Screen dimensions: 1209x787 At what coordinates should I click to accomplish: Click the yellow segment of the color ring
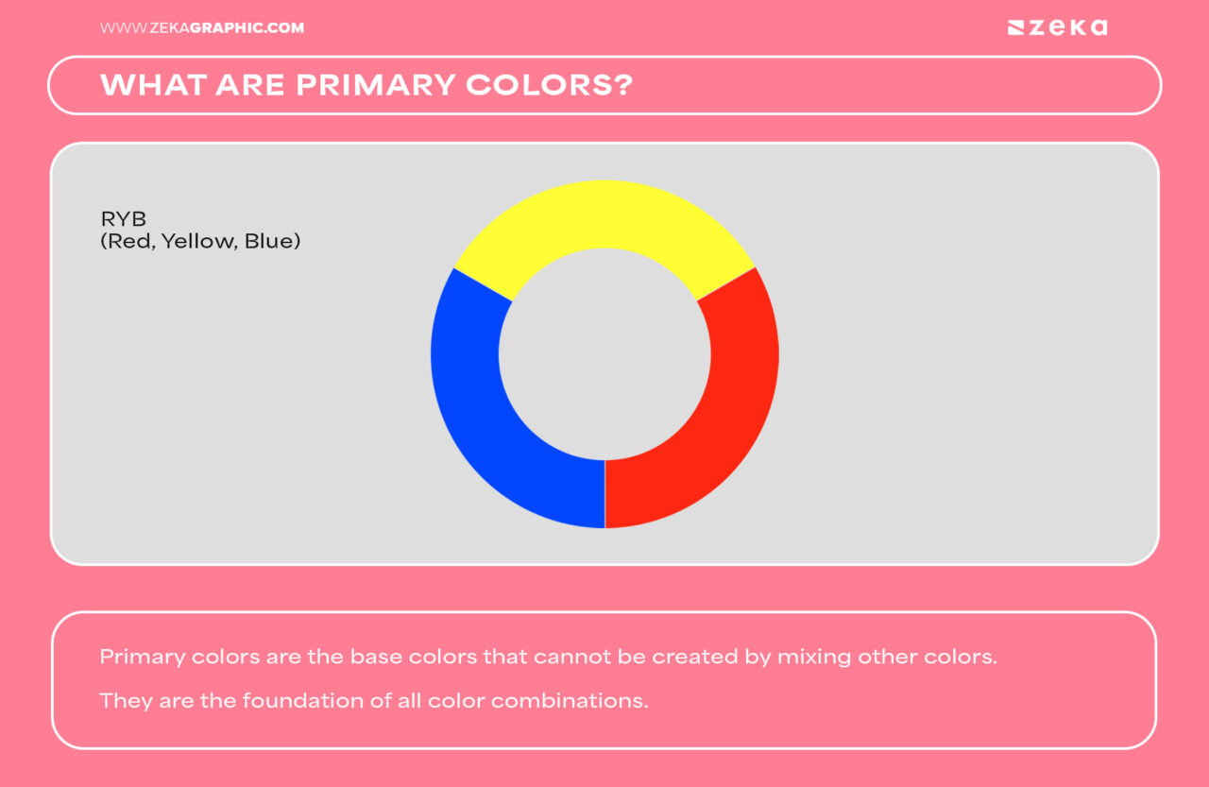pos(604,214)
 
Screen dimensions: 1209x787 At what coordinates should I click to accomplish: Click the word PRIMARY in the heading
pos(375,85)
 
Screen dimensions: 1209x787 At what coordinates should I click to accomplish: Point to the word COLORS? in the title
pos(550,85)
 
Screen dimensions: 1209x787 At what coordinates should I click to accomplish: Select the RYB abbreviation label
pos(123,219)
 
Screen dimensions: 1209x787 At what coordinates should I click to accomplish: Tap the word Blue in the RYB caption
pos(269,241)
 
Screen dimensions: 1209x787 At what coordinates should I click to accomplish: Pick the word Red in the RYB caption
pos(130,241)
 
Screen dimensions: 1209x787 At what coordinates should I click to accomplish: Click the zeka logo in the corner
pos(1057,27)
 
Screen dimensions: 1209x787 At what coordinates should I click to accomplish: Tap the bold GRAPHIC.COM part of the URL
pos(247,28)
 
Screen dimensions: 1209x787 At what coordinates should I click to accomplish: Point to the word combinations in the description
pos(569,701)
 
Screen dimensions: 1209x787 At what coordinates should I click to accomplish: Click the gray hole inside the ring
pos(604,354)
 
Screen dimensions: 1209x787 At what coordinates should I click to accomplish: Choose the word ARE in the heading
pos(251,85)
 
